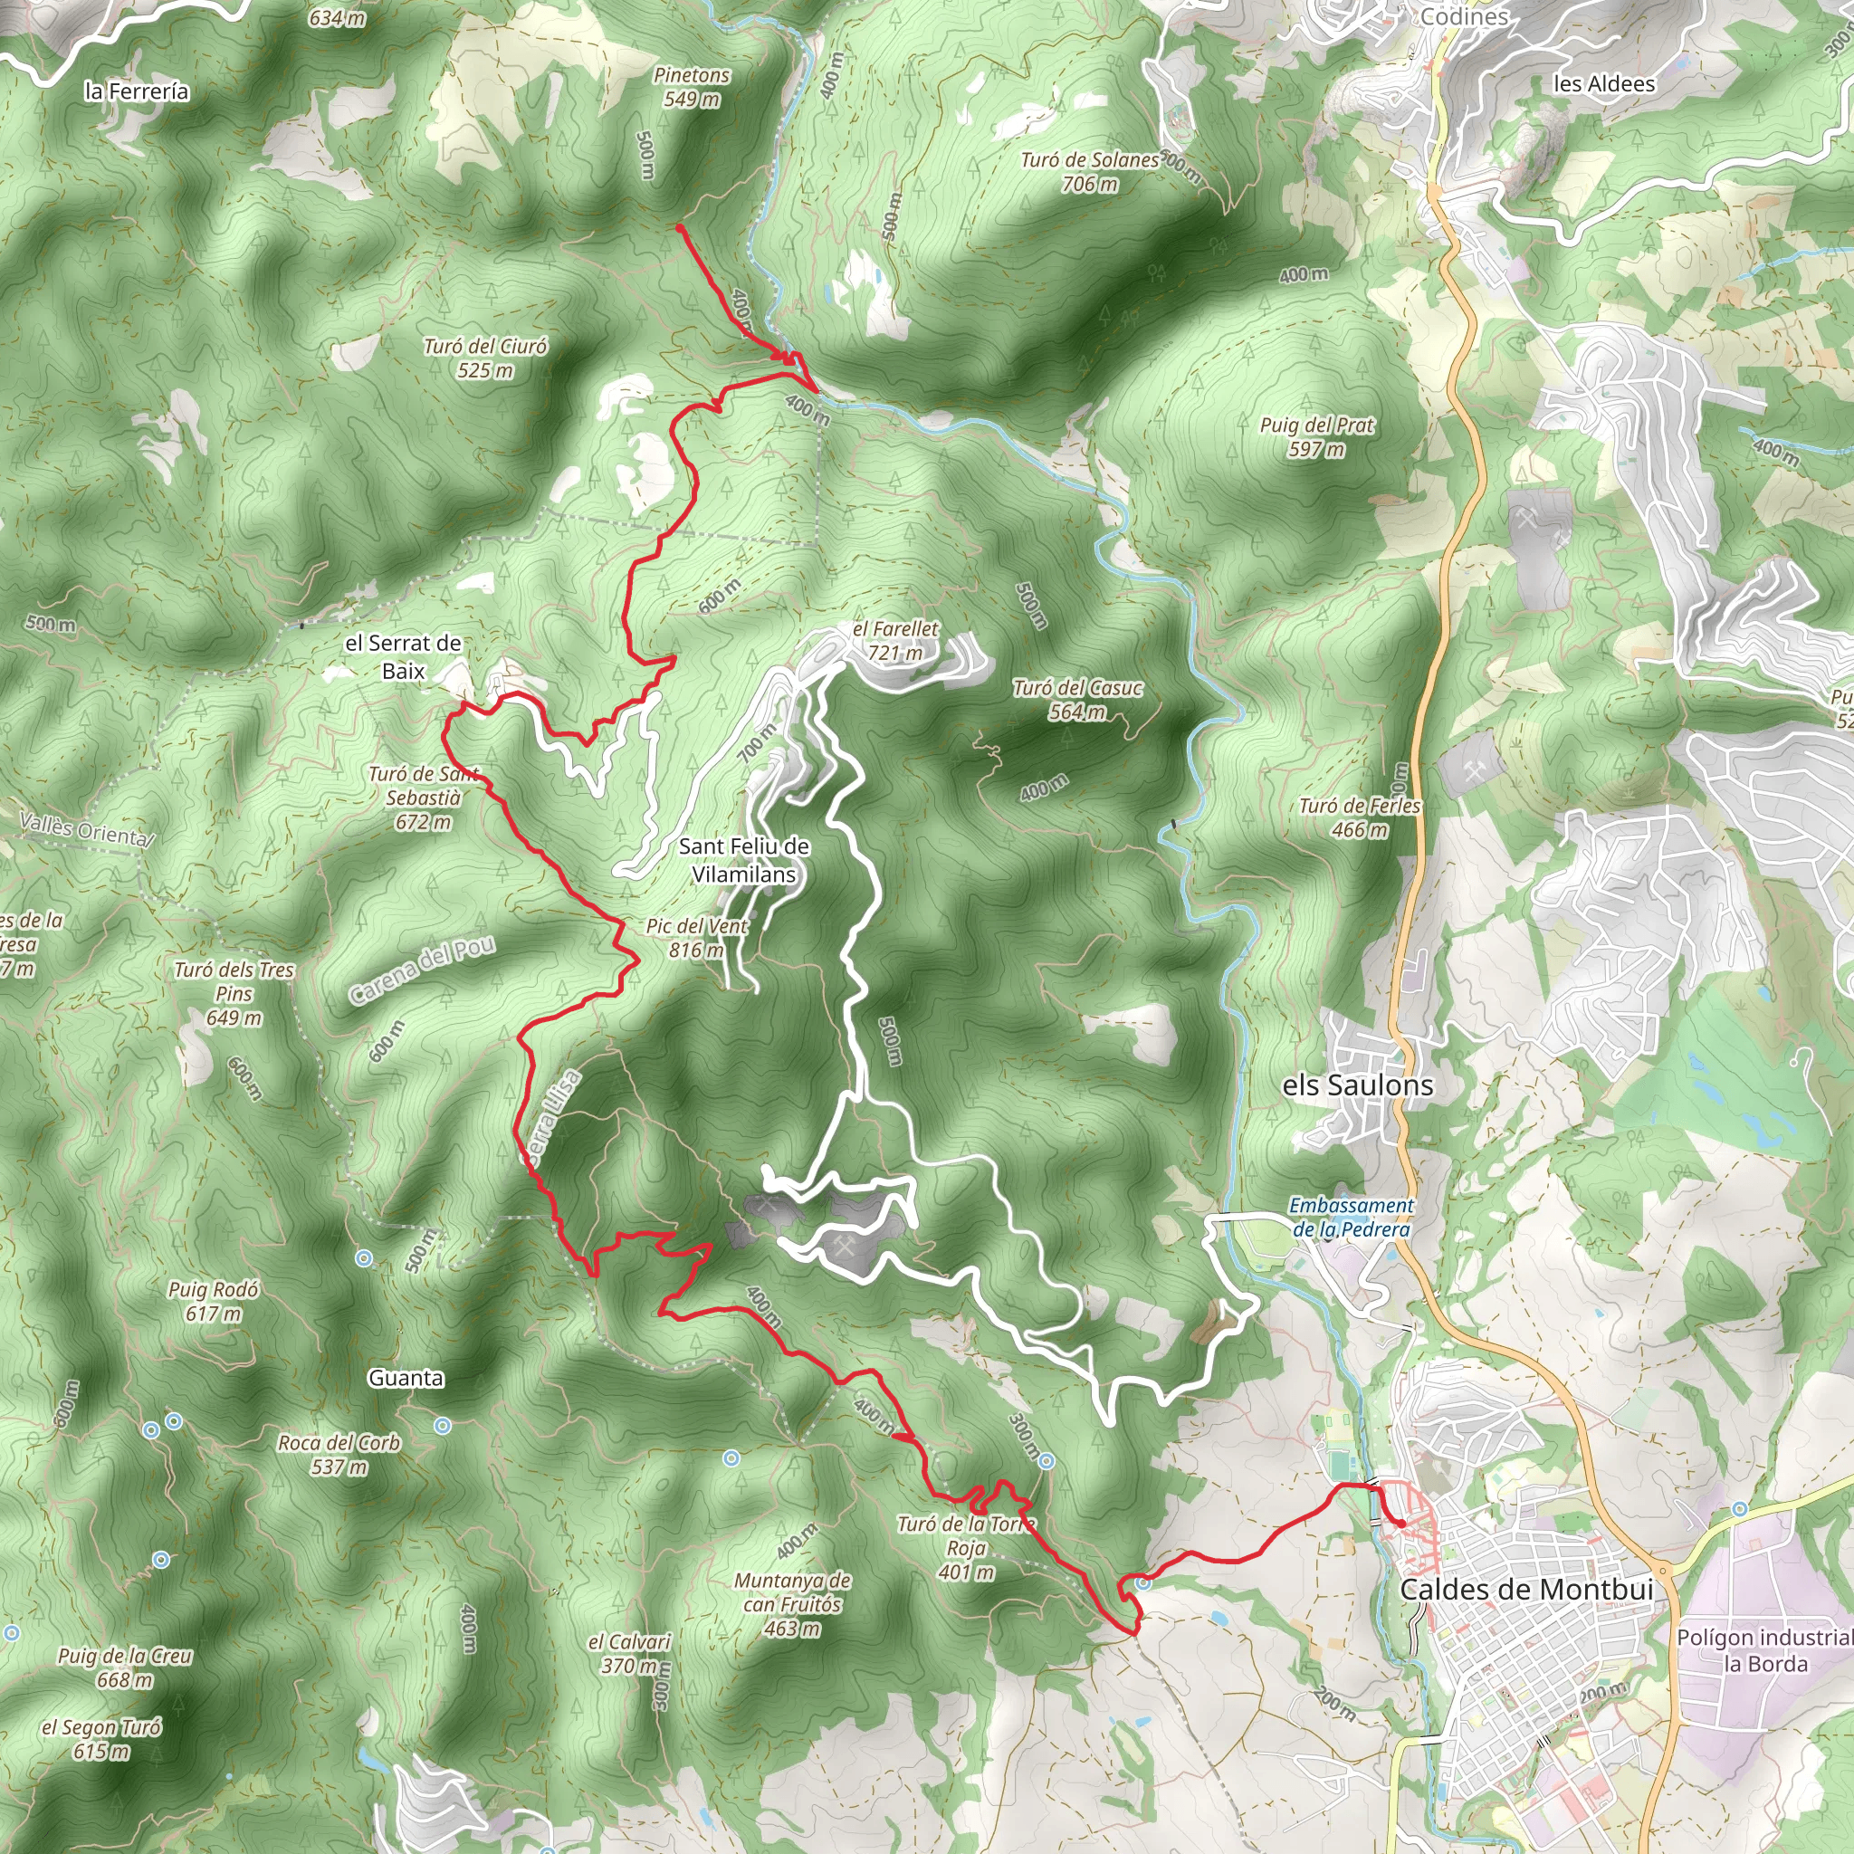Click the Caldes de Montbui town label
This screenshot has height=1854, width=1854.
(x=1525, y=1589)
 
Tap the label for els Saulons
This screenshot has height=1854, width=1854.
(x=1358, y=1085)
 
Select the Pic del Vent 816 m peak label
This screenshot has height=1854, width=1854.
(x=697, y=938)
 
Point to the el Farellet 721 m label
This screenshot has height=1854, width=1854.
(x=896, y=641)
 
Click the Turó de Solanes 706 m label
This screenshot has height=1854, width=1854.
(x=1090, y=172)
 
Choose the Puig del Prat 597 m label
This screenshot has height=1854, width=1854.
(x=1316, y=436)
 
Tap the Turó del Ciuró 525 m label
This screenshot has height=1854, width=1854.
(x=485, y=358)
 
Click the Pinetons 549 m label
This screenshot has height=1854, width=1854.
(x=692, y=86)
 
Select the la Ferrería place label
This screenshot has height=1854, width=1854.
(x=138, y=91)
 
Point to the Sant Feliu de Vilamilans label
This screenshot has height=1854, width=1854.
(x=744, y=860)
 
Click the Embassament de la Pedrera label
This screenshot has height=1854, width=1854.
(x=1352, y=1217)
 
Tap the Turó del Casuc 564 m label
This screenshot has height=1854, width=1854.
(x=1077, y=700)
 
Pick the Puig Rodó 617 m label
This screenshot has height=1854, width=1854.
(x=213, y=1301)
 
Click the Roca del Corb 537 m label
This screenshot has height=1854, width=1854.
(x=339, y=1454)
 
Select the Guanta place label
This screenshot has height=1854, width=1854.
(x=406, y=1378)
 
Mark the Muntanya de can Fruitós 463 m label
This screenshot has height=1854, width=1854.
(x=793, y=1603)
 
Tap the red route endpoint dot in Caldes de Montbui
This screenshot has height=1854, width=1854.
(x=1402, y=1524)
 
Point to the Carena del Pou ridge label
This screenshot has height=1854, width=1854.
(x=422, y=970)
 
